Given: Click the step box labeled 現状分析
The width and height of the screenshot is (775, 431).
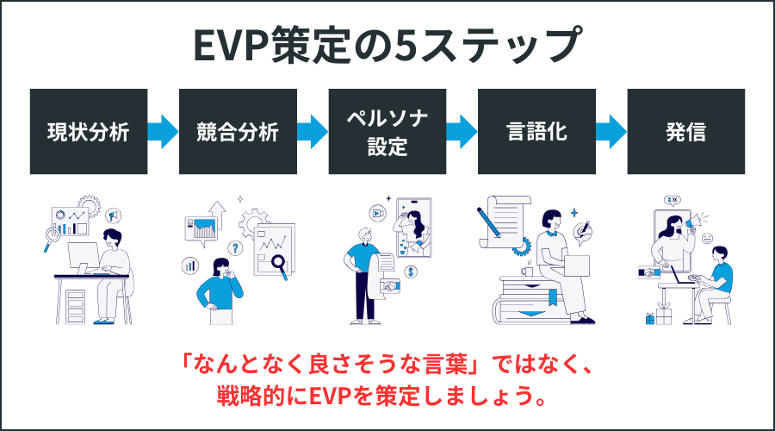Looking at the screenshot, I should [88, 132].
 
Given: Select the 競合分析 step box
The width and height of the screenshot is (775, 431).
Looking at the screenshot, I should [238, 132].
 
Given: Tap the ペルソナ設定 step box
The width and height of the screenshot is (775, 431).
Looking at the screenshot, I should [387, 132].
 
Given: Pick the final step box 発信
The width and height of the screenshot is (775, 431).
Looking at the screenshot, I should [685, 132].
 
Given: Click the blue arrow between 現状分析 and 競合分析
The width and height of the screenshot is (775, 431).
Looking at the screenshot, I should [163, 132].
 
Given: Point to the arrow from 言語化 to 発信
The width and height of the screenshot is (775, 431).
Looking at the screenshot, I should [611, 132].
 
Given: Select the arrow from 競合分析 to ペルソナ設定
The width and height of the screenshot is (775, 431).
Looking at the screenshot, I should [312, 132].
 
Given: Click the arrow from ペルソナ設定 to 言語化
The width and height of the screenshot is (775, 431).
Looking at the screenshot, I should [462, 132].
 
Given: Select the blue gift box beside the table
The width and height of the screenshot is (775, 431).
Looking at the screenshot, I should [651, 318].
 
